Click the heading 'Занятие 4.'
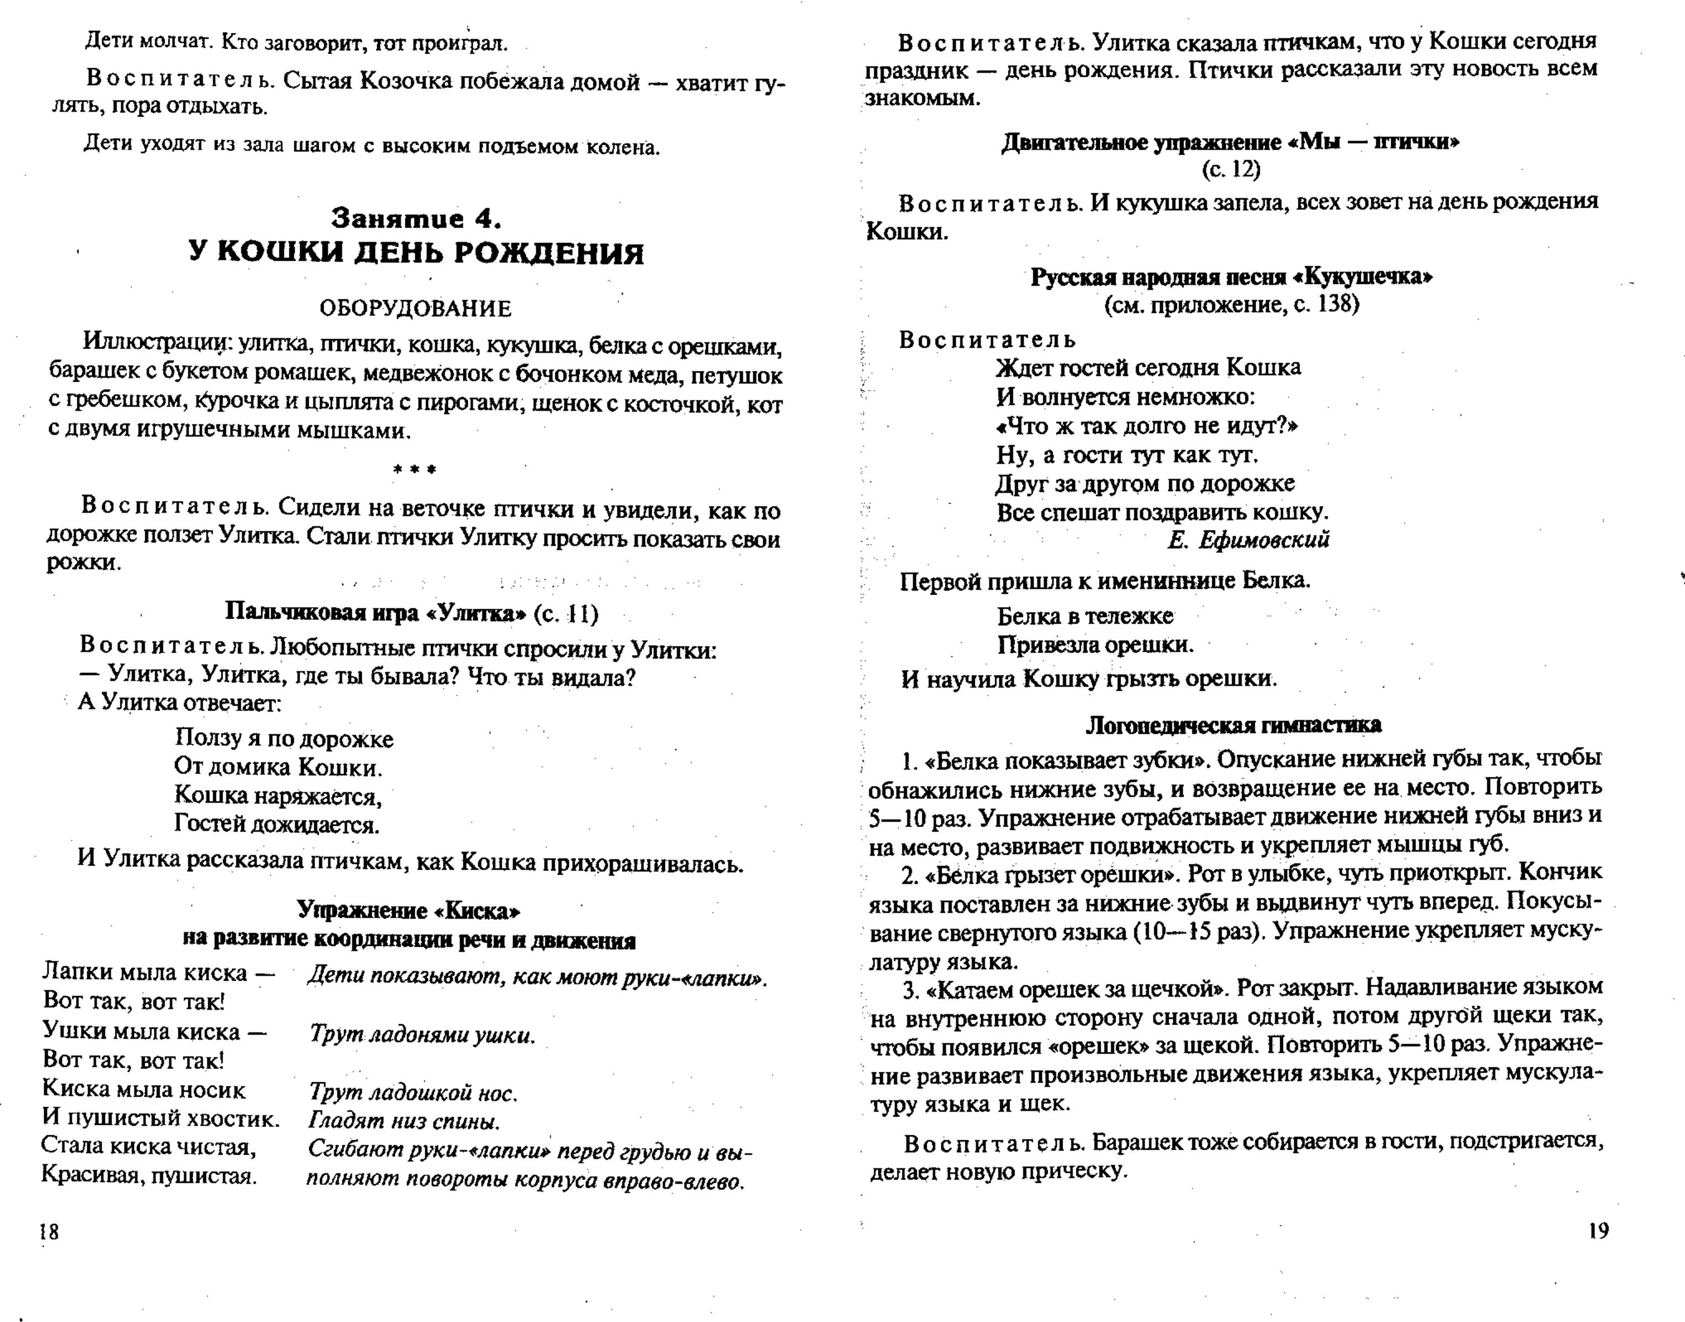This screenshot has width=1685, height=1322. click(417, 219)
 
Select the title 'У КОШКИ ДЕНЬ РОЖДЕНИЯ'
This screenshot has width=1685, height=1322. click(416, 253)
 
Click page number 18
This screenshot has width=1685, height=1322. click(49, 1231)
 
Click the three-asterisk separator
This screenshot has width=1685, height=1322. click(415, 469)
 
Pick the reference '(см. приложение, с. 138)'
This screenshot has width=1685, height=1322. click(1231, 304)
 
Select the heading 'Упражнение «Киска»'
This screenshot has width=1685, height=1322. click(409, 910)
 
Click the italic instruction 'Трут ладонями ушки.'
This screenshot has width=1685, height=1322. click(421, 1035)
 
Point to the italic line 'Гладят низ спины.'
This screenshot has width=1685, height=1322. click(404, 1121)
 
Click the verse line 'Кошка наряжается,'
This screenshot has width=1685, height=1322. click(278, 795)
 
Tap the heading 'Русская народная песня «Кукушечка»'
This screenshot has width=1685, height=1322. click(1231, 277)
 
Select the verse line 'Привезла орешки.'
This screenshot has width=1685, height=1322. click(1095, 645)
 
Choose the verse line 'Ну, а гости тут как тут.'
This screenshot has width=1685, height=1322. click(1127, 454)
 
